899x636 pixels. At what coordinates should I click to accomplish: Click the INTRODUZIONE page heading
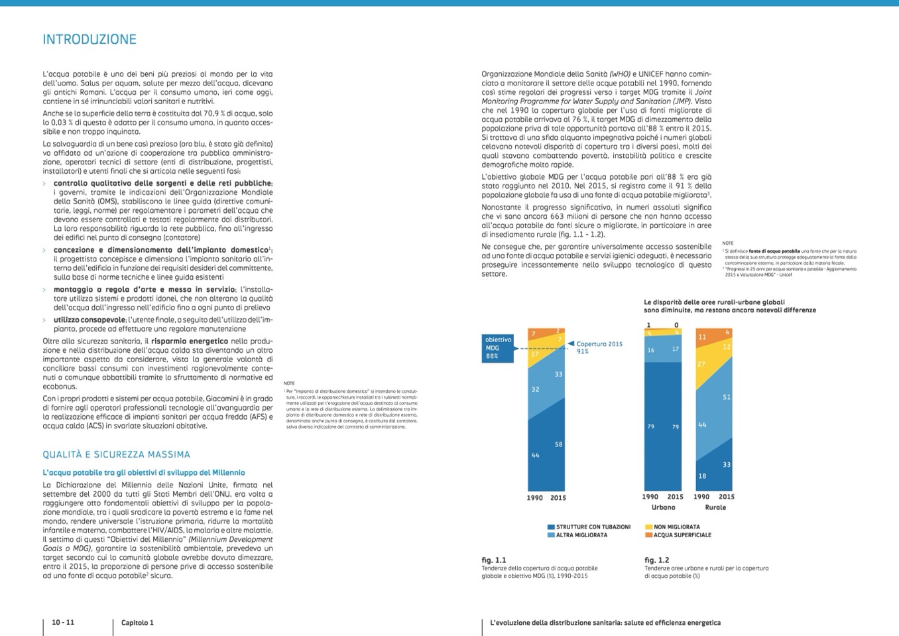90,40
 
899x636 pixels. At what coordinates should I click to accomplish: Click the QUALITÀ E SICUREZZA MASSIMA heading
116,455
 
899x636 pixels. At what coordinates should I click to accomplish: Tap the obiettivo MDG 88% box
499,348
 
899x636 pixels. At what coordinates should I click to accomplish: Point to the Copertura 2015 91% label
599,348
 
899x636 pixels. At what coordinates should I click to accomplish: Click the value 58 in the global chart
558,444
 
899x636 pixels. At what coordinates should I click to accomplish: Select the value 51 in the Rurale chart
727,397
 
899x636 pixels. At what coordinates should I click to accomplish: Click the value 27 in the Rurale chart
701,364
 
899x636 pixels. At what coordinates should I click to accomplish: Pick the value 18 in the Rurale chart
702,476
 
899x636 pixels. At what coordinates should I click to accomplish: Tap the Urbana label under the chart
663,507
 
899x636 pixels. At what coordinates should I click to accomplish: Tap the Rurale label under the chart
715,507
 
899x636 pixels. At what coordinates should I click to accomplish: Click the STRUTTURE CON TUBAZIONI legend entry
589,527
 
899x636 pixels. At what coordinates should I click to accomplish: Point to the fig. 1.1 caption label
493,560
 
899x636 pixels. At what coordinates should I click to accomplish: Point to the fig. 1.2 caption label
656,560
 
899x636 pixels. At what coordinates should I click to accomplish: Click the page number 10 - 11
63,622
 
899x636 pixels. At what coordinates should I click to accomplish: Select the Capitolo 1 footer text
137,623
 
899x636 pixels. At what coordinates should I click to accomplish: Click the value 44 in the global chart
535,456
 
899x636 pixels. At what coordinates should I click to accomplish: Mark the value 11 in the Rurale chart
702,337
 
